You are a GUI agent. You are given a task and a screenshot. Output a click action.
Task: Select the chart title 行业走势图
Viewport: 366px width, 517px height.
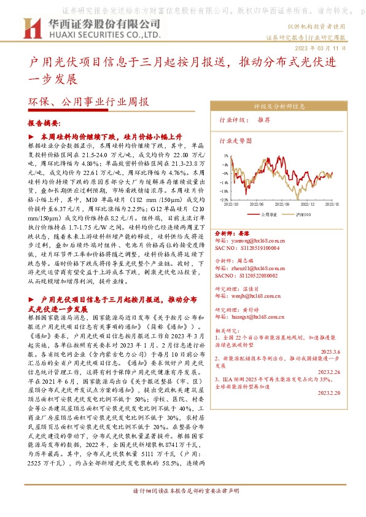click(236, 141)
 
